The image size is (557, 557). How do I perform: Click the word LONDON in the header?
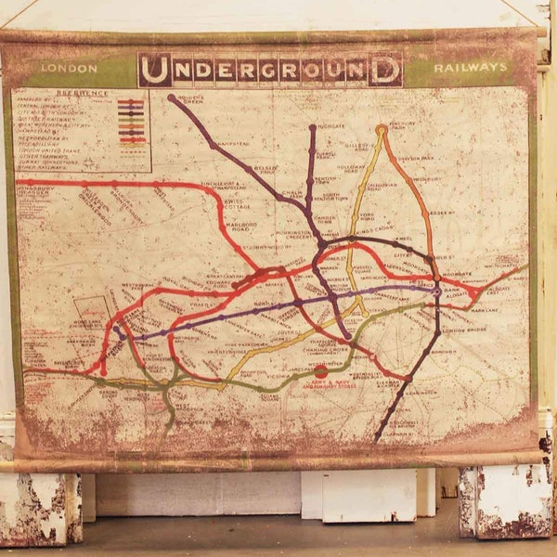point(69,69)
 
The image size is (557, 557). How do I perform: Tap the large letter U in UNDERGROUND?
point(155,70)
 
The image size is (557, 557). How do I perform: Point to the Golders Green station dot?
point(171,97)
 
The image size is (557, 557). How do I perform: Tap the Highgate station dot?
point(312,127)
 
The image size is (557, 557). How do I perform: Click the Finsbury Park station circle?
point(382,131)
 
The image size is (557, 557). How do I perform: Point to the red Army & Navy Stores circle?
point(320,370)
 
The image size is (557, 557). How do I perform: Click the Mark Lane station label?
point(489,309)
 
